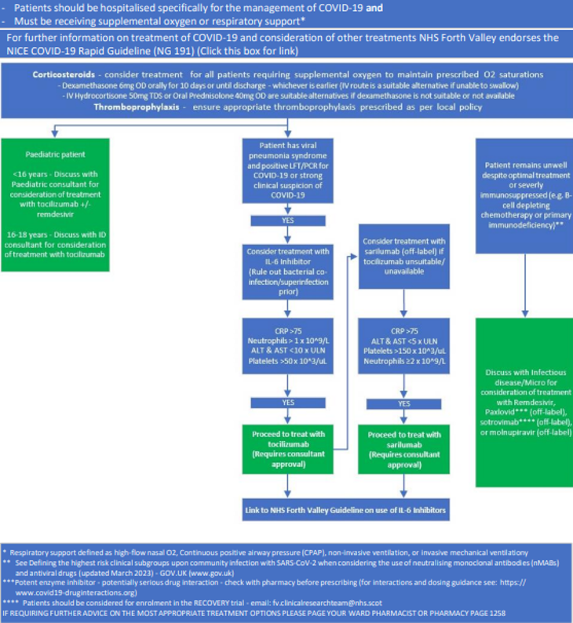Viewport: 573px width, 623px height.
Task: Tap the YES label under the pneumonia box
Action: coord(286,221)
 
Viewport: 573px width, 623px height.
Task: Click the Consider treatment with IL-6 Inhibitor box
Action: coord(286,271)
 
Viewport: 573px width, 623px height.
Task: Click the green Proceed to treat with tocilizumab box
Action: coord(286,448)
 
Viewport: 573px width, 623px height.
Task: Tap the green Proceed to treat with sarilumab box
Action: coord(404,448)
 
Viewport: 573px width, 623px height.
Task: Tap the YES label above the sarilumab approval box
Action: coord(404,403)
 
